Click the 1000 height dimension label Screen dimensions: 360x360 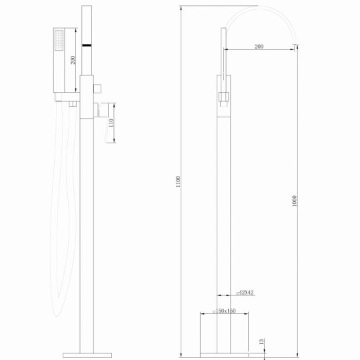[x=295, y=200]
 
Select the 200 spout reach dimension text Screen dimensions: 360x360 [x=258, y=47]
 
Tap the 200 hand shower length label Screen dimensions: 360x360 [x=73, y=61]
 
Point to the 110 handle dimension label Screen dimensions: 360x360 [x=113, y=123]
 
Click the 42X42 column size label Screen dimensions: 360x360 [x=246, y=293]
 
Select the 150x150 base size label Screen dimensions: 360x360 [x=225, y=311]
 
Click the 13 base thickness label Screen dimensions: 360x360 [x=262, y=341]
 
